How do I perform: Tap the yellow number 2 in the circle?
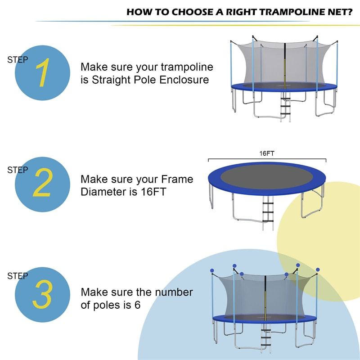click(42, 183)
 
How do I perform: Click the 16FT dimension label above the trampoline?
click(266, 153)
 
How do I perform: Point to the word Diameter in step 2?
click(100, 192)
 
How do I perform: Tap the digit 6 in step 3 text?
click(137, 305)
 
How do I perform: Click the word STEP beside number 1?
click(18, 59)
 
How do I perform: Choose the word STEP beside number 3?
click(18, 276)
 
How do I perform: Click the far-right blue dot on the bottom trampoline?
click(318, 270)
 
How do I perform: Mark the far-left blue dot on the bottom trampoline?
click(212, 271)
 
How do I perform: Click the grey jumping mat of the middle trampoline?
click(267, 176)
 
